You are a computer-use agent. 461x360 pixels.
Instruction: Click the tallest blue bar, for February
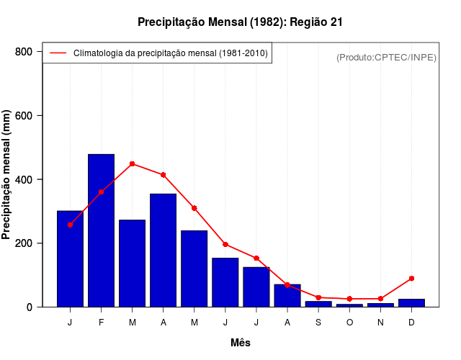pyautogui.click(x=101, y=230)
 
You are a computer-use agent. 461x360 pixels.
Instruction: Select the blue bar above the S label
pyautogui.click(x=318, y=304)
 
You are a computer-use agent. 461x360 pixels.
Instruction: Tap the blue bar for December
pyautogui.click(x=411, y=303)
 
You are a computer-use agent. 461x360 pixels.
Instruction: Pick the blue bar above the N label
pyautogui.click(x=380, y=305)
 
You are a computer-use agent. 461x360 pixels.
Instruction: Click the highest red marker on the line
pyautogui.click(x=132, y=164)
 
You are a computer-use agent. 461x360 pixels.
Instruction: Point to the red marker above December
pyautogui.click(x=411, y=278)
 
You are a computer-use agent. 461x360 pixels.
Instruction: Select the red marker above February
pyautogui.click(x=101, y=192)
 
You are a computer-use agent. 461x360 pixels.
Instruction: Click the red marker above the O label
pyautogui.click(x=349, y=299)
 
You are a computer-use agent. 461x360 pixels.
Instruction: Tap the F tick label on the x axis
pyautogui.click(x=101, y=322)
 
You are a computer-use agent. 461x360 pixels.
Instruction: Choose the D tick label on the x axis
pyautogui.click(x=411, y=322)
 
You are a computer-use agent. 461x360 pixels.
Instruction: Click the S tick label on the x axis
pyautogui.click(x=318, y=322)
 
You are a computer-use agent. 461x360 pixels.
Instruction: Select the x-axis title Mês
pyautogui.click(x=241, y=343)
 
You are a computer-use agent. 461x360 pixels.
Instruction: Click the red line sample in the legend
pyautogui.click(x=58, y=53)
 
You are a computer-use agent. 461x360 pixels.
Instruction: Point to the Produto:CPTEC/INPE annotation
pyautogui.click(x=387, y=57)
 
